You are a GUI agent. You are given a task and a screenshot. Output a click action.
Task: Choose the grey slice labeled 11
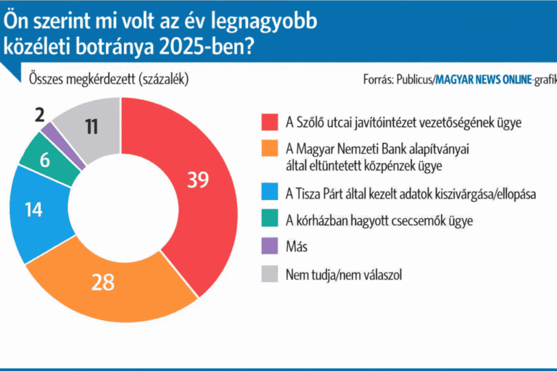coord(91,127)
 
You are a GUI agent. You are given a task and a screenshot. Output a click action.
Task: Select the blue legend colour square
coord(269,195)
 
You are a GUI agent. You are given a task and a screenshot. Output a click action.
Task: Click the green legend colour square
coord(269,221)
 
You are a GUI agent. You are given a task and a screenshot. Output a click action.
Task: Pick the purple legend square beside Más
coord(269,247)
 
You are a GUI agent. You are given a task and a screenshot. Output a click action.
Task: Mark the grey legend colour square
coord(269,274)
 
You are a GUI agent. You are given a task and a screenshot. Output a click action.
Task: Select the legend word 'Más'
coord(297,247)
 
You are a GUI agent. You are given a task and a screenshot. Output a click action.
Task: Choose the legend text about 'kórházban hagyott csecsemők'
coord(379,221)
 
